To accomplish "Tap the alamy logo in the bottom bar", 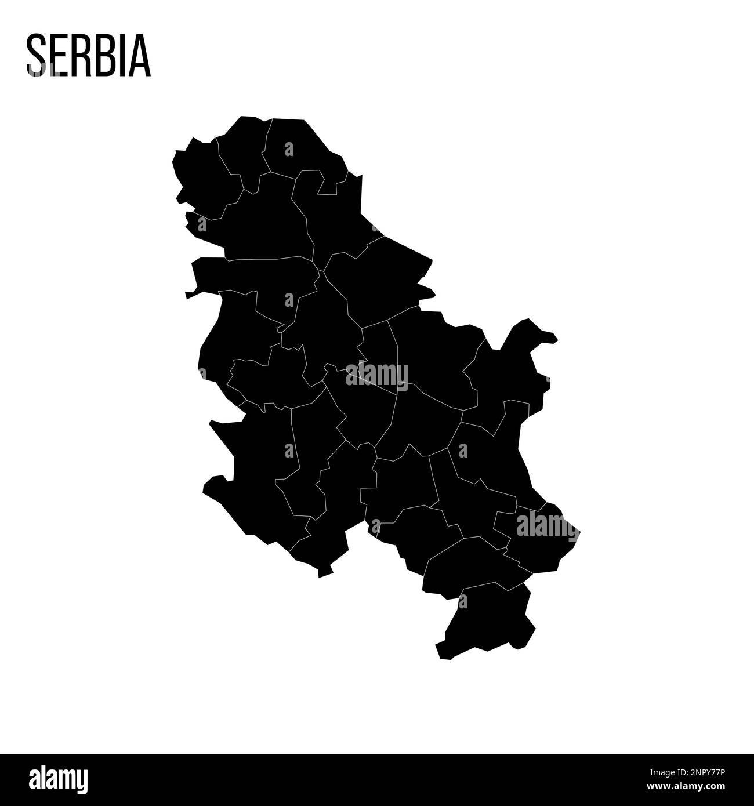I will pos(58,780).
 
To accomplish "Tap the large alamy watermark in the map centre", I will pos(377,375).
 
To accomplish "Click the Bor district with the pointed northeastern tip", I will pos(510,371).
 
